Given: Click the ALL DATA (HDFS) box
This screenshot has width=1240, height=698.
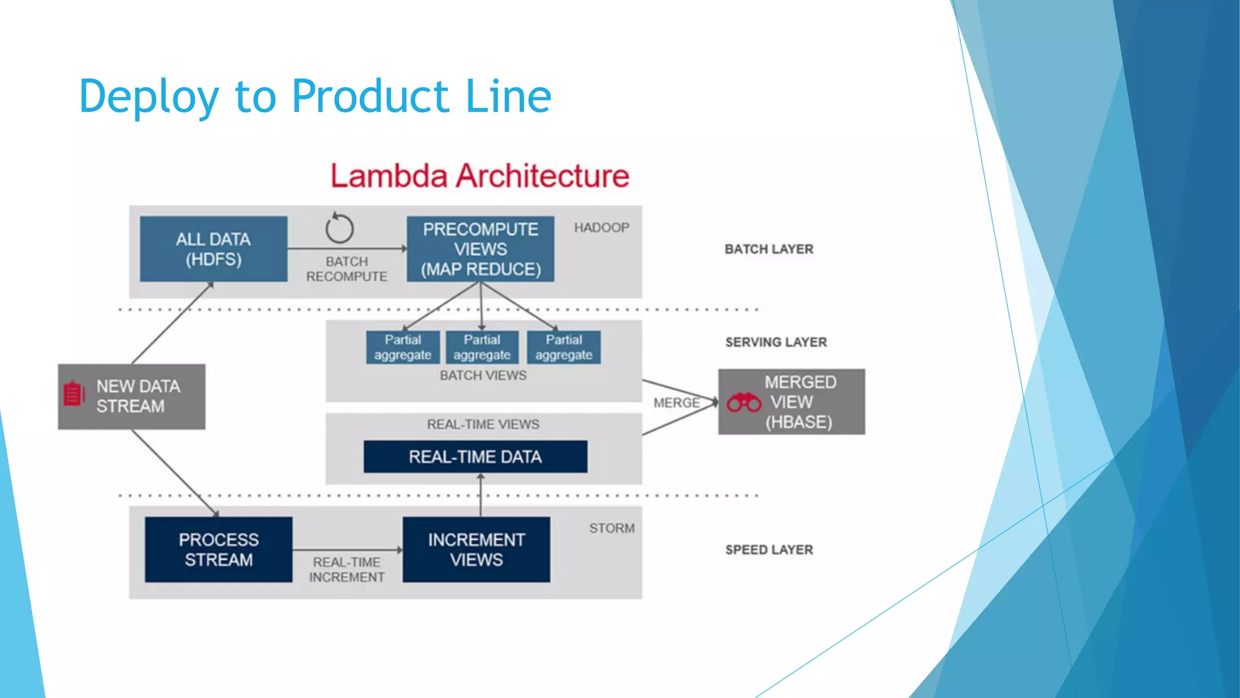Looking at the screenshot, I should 213,249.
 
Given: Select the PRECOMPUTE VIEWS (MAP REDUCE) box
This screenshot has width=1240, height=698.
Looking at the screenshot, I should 480,249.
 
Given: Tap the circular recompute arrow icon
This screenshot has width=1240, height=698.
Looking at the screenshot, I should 339,228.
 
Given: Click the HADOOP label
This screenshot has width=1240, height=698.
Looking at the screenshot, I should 601,228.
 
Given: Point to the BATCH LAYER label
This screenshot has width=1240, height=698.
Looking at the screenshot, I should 768,249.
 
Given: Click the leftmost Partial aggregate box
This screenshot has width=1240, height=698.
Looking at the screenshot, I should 403,347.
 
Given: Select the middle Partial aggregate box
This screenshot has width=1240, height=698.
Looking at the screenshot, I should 482,347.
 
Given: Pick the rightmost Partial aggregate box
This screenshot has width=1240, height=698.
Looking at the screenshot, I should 564,347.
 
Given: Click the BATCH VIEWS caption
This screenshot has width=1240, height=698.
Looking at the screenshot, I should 483,376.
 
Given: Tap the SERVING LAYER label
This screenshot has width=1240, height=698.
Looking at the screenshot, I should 776,342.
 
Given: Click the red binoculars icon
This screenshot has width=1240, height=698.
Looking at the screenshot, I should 744,402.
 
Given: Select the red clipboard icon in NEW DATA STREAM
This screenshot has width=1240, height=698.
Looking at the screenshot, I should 73,394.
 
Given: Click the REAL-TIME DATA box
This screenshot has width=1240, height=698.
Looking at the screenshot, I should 475,457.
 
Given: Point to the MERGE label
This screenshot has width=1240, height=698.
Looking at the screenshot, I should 676,403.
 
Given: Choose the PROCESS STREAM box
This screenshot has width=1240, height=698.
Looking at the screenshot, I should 219,550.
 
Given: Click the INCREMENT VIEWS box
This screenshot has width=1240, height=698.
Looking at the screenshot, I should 477,550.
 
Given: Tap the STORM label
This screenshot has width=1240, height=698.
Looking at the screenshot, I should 612,528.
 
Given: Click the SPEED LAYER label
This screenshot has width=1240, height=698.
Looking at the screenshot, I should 769,550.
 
